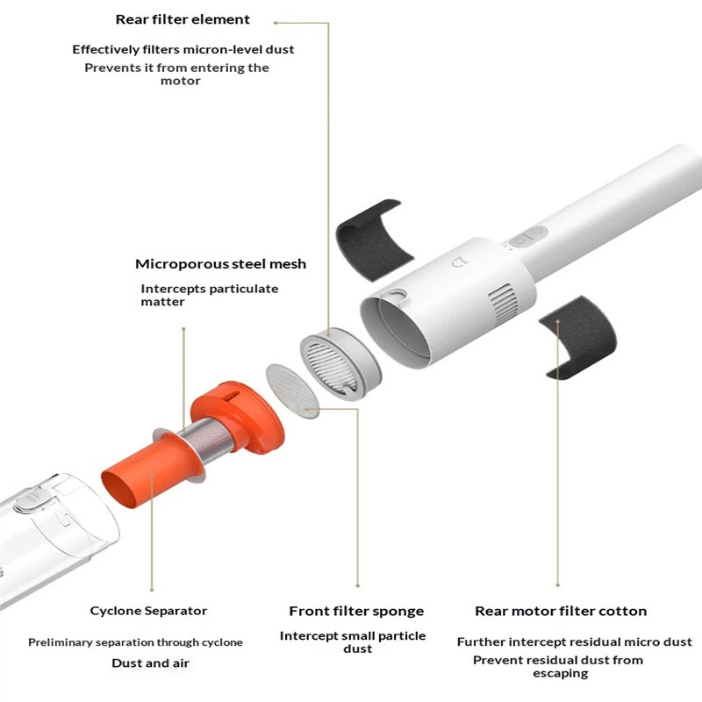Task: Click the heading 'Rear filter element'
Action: point(183,19)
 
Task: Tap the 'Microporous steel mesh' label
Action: point(221,264)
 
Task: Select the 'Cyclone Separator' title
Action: point(148,611)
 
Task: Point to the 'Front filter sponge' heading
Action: point(356,611)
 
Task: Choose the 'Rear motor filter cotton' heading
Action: point(561,611)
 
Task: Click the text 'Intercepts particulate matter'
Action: point(210,295)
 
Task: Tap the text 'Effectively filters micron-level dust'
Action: point(183,49)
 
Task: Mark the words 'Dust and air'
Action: point(150,663)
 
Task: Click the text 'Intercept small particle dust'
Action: point(353,642)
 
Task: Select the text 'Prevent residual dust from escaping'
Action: point(558,667)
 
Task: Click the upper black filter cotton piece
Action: point(375,240)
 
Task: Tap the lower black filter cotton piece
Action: point(578,336)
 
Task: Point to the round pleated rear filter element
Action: point(340,363)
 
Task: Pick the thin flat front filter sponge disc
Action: point(292,390)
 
